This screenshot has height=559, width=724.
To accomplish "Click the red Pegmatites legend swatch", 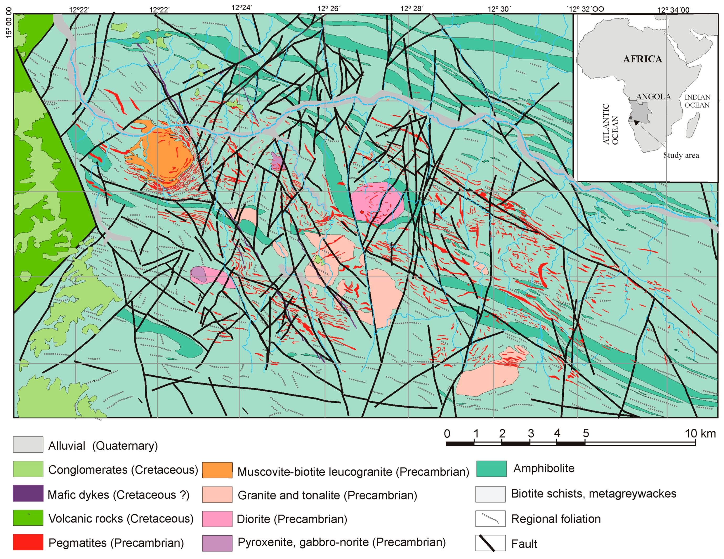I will coord(28,542).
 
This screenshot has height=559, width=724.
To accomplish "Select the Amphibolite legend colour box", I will coord(491,468).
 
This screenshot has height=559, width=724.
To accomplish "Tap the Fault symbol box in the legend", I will coord(490,543).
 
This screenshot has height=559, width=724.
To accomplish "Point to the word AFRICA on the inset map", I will coord(642,59).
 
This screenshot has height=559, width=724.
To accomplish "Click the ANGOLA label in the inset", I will coord(653,97).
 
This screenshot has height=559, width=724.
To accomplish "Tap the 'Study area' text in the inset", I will coord(681,155).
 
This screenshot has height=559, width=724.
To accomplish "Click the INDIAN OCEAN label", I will coord(697,101).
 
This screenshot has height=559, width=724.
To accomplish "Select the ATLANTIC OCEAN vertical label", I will coord(610,125).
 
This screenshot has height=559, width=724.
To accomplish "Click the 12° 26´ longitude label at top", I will coord(329,9).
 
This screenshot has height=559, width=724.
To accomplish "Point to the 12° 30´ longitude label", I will coord(499,9).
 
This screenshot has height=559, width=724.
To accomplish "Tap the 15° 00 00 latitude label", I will coord(9,23).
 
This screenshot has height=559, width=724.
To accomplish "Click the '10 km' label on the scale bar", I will coord(700,433).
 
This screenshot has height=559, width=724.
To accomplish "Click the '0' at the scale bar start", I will coord(447,433).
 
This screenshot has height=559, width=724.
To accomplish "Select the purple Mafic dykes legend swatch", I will coord(28,493).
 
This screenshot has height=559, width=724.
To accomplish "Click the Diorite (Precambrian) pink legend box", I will coord(217,519).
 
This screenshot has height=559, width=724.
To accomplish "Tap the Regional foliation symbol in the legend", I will coord(490,518).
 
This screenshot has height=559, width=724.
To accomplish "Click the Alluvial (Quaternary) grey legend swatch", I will coord(28,444).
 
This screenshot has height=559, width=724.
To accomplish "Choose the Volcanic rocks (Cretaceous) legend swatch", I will coord(28,517).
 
